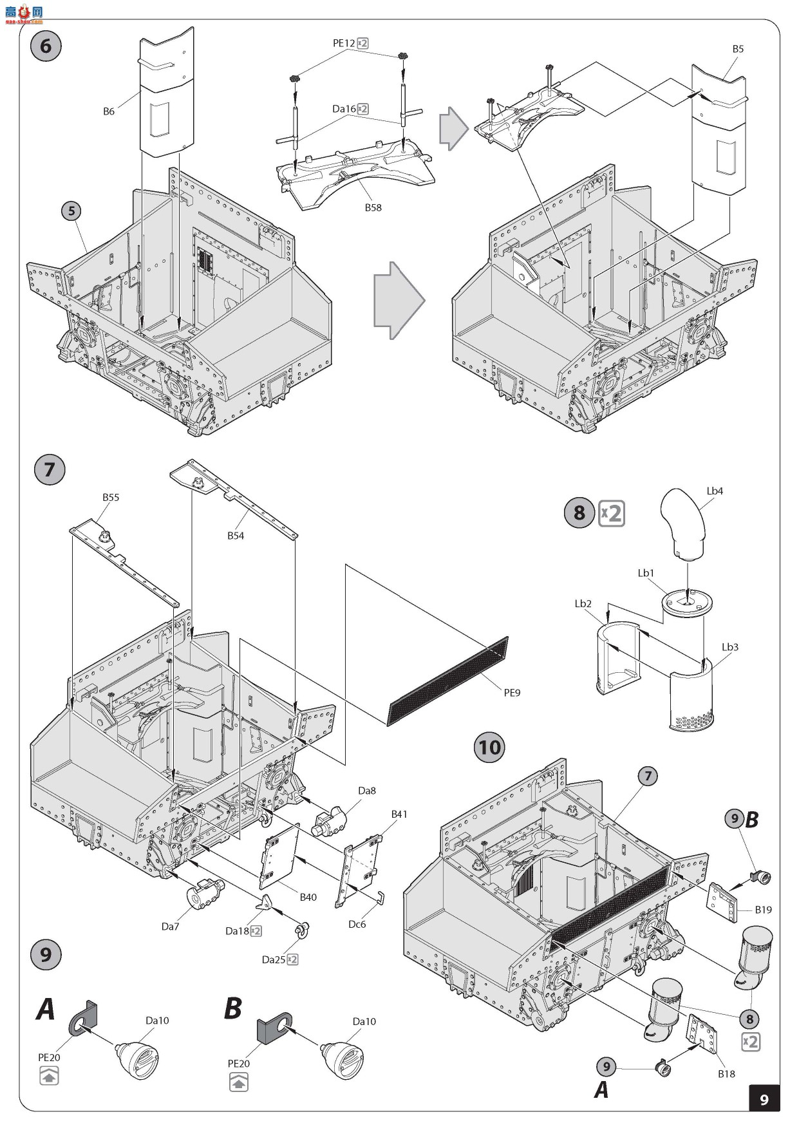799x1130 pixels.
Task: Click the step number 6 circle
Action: (x=46, y=46)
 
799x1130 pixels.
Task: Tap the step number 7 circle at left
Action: (x=49, y=469)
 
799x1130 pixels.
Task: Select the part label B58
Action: (x=373, y=207)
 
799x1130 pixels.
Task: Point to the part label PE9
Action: (x=512, y=693)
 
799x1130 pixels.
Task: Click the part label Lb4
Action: (x=715, y=491)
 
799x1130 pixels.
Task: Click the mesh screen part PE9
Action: (x=449, y=681)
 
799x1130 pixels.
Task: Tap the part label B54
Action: (x=236, y=535)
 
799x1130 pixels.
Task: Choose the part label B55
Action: (x=111, y=497)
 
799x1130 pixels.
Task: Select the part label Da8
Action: (x=367, y=791)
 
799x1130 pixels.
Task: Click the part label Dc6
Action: (x=357, y=924)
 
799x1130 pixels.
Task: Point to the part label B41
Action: (x=399, y=814)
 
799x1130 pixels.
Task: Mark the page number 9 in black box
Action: (x=764, y=1098)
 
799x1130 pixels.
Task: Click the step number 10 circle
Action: (x=489, y=747)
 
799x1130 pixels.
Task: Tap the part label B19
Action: (x=763, y=910)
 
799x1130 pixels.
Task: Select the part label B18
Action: (x=726, y=1073)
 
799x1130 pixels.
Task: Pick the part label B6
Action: (x=109, y=111)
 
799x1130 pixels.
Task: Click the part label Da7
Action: (x=170, y=927)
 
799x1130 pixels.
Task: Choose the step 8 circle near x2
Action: (x=579, y=513)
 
